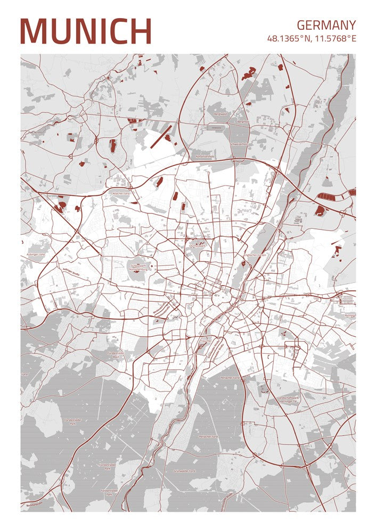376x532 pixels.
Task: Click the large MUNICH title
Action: pyautogui.click(x=86, y=31)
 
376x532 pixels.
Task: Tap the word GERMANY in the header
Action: pyautogui.click(x=326, y=25)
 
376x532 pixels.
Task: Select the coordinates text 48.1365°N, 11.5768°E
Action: pyautogui.click(x=312, y=39)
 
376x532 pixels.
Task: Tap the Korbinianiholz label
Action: pyautogui.click(x=205, y=156)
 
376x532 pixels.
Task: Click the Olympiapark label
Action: pyautogui.click(x=198, y=246)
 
